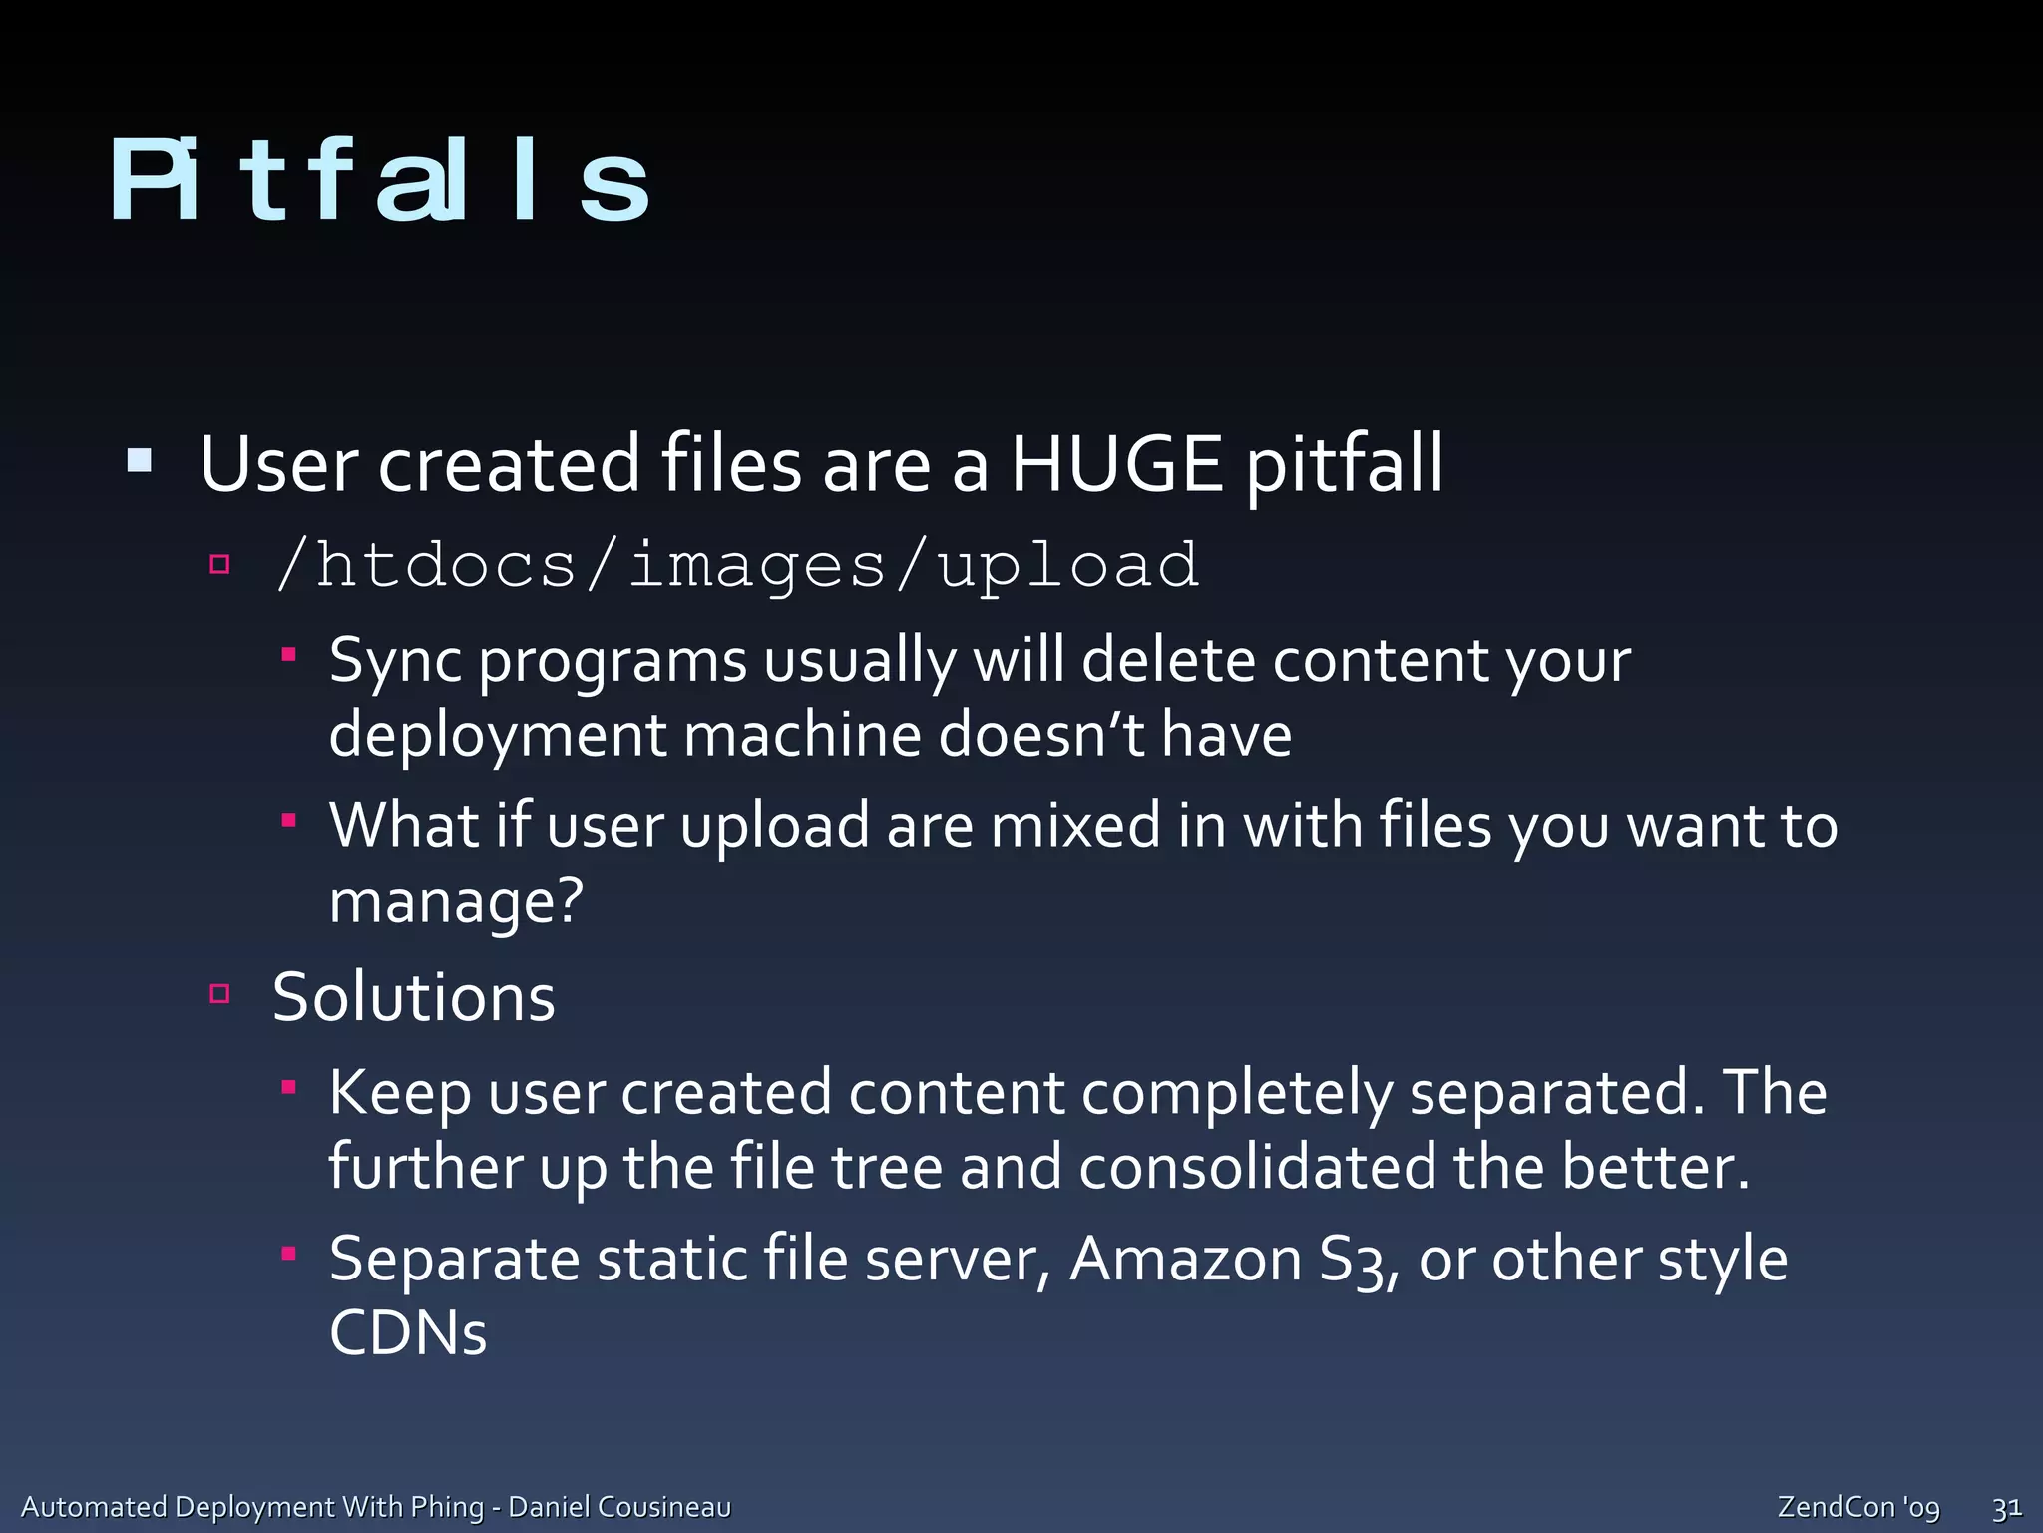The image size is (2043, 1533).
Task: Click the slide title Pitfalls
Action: (x=379, y=180)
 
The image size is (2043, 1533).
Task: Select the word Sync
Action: (x=395, y=661)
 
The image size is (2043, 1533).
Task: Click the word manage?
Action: (x=456, y=901)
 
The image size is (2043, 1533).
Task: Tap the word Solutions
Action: (x=413, y=997)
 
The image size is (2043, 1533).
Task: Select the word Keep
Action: (x=400, y=1092)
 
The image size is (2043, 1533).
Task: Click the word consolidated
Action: (x=1257, y=1167)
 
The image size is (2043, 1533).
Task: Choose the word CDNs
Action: (x=408, y=1333)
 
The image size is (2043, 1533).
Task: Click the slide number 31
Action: (x=2006, y=1507)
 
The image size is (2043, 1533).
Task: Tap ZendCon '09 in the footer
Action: (x=1858, y=1507)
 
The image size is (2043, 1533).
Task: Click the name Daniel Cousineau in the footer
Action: (x=619, y=1507)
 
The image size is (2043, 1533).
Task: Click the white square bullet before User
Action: (x=140, y=461)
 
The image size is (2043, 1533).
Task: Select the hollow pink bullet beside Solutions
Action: (x=220, y=993)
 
